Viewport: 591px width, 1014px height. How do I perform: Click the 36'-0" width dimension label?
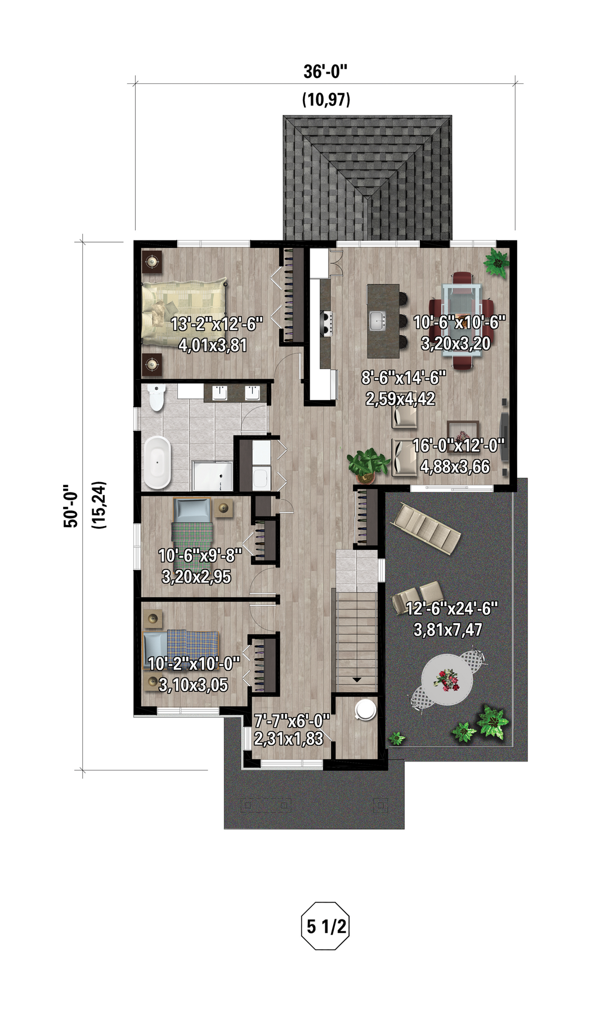[x=325, y=72]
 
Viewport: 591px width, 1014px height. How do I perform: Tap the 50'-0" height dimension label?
[x=71, y=505]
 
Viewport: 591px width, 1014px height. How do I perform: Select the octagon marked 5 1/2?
[x=325, y=926]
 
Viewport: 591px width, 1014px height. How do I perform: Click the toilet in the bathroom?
[x=155, y=397]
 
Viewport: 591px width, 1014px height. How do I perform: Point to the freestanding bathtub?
[x=157, y=462]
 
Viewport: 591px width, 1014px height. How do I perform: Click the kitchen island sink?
[x=377, y=321]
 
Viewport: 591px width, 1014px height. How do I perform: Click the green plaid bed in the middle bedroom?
[x=191, y=533]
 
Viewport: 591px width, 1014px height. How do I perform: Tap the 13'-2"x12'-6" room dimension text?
[x=216, y=324]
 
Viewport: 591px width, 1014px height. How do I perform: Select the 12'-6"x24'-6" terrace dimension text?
[x=451, y=608]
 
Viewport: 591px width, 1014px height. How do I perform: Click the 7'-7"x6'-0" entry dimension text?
[x=292, y=721]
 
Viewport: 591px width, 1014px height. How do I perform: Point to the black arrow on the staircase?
[x=356, y=680]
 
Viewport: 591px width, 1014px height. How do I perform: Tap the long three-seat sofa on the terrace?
[x=427, y=528]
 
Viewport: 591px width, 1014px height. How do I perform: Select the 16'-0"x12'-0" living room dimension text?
[x=459, y=446]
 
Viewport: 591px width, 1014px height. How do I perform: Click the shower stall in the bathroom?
[x=212, y=477]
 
